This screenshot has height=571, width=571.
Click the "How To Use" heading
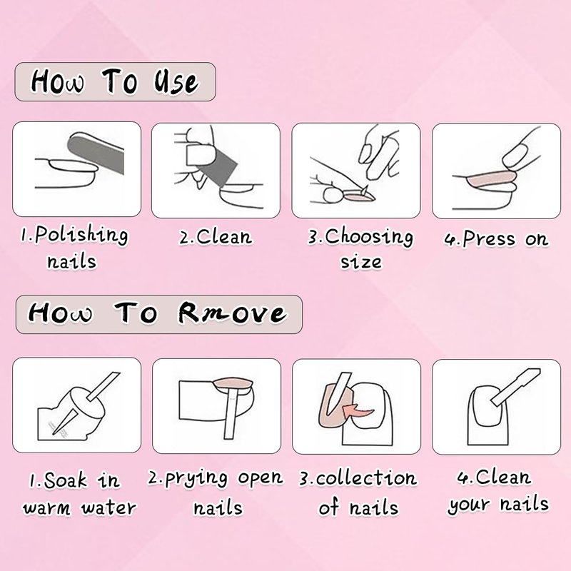115,81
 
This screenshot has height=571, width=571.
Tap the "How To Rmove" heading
158,313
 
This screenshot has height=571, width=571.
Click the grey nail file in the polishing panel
96,153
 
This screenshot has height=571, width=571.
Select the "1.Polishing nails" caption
74,247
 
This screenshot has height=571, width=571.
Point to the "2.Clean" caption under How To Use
216,238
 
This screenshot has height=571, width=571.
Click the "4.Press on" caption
496,239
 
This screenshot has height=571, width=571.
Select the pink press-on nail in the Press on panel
489,179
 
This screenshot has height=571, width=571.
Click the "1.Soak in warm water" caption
79,494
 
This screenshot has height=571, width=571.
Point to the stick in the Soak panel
86,403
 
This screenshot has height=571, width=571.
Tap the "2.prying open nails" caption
216,493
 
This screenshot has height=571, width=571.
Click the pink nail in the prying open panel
233,383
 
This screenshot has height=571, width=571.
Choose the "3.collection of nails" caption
358,493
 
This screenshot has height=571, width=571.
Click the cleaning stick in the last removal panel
515,387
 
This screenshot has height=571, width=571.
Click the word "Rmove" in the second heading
233,313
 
